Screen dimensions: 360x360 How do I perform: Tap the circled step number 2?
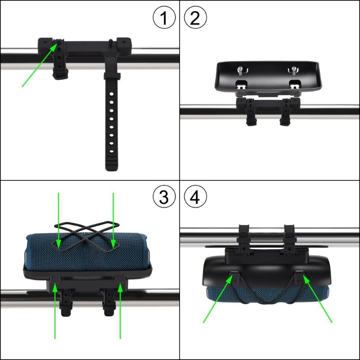(196, 18)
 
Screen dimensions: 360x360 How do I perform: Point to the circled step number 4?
(196, 197)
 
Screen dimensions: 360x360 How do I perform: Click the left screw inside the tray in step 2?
(241, 70)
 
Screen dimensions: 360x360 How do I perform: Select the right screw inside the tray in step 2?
(293, 70)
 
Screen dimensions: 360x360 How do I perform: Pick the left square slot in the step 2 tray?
(242, 84)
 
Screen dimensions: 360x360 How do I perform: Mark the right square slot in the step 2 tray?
(295, 84)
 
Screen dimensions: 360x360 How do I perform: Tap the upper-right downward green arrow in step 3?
(113, 220)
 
